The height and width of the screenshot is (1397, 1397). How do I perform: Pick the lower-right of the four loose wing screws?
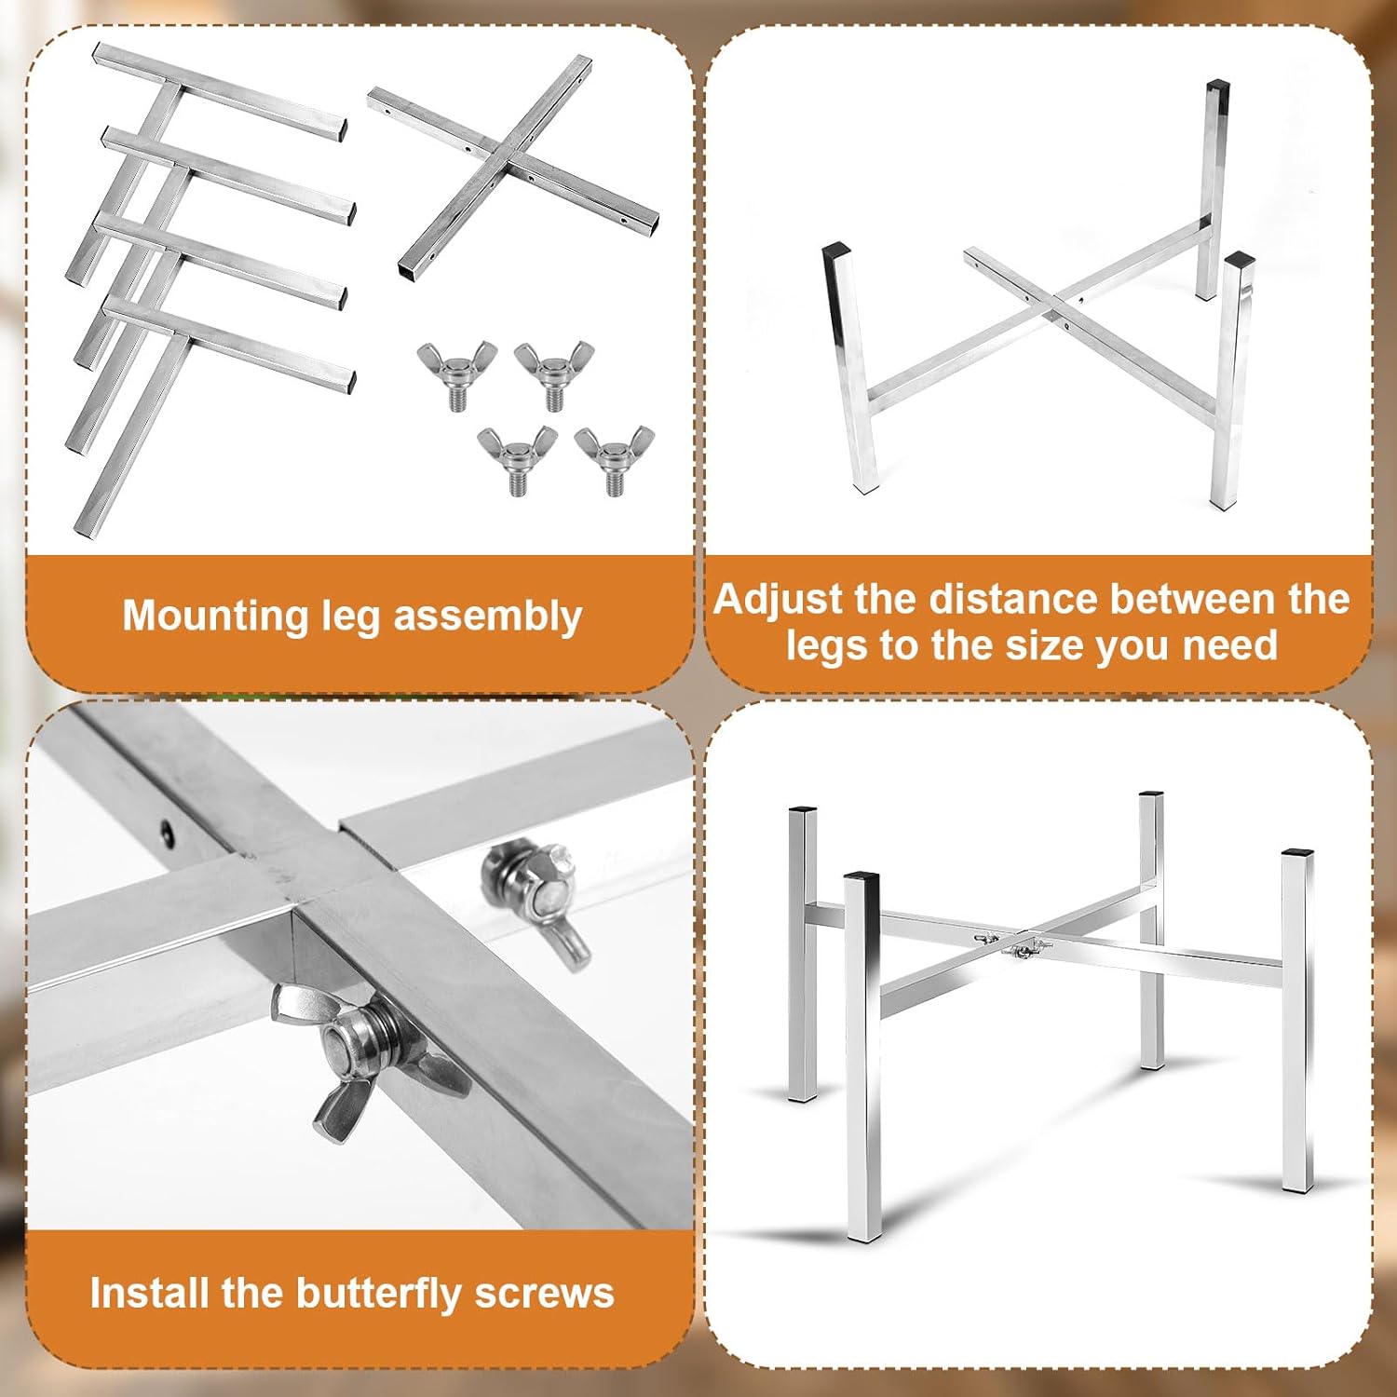(615, 459)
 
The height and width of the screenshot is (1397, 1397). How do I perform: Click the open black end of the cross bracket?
(408, 270)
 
